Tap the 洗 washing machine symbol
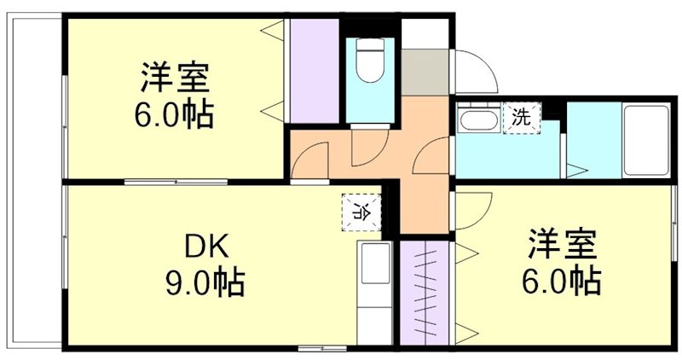click(x=521, y=118)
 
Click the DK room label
click(x=204, y=248)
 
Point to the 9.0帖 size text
click(x=204, y=281)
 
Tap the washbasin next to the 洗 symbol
click(x=477, y=119)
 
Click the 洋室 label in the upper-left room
click(x=174, y=78)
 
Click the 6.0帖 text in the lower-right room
click(x=561, y=279)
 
